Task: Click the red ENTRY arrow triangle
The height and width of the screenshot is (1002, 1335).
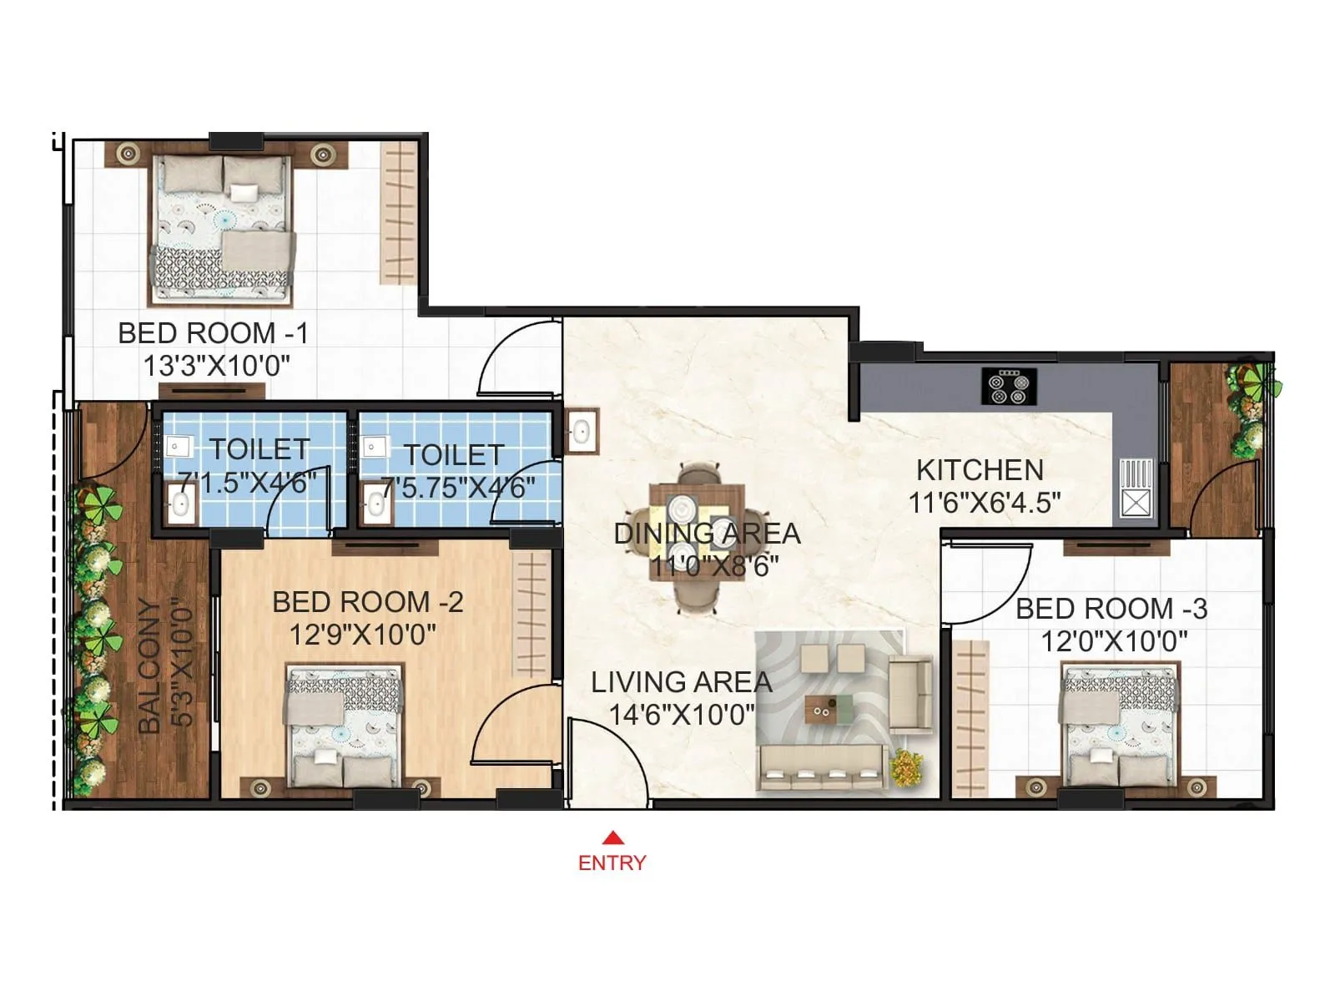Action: pyautogui.click(x=612, y=838)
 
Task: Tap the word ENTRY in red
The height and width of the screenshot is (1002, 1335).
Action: pyautogui.click(x=612, y=863)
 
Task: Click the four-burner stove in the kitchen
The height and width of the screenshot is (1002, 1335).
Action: pyautogui.click(x=1010, y=386)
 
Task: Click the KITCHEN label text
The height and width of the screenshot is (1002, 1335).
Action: pyautogui.click(x=980, y=470)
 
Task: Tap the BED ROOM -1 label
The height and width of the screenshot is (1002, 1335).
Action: pyautogui.click(x=213, y=333)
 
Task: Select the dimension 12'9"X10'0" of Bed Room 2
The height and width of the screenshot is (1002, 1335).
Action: pyautogui.click(x=362, y=635)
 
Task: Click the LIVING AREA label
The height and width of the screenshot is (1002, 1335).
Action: pyautogui.click(x=681, y=682)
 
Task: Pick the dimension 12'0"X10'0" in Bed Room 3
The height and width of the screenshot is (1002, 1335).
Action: pyautogui.click(x=1113, y=641)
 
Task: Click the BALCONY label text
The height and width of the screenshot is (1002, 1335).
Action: pyautogui.click(x=149, y=665)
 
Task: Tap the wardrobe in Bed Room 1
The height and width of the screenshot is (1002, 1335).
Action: pyautogui.click(x=399, y=212)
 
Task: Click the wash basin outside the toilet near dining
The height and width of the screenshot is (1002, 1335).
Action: pyautogui.click(x=581, y=432)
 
